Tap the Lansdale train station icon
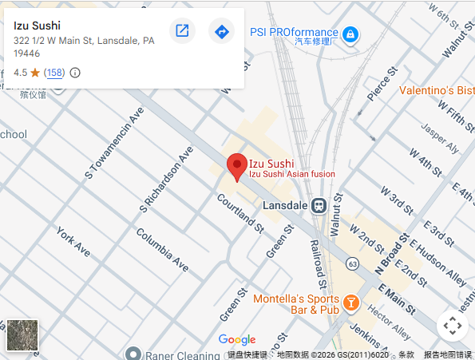point(319,205)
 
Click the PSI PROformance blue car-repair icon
point(350,34)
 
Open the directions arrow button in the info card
point(221,31)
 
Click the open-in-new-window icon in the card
point(182,31)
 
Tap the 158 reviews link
point(54,73)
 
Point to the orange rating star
point(36,73)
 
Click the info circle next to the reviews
point(75,73)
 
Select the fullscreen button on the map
point(452,326)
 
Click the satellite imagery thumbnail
point(22,335)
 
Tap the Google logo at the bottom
point(237,340)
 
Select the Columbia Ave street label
point(162,249)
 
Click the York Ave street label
point(73,241)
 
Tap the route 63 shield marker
point(352,262)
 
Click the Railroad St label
point(317,263)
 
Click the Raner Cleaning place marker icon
point(133,354)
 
